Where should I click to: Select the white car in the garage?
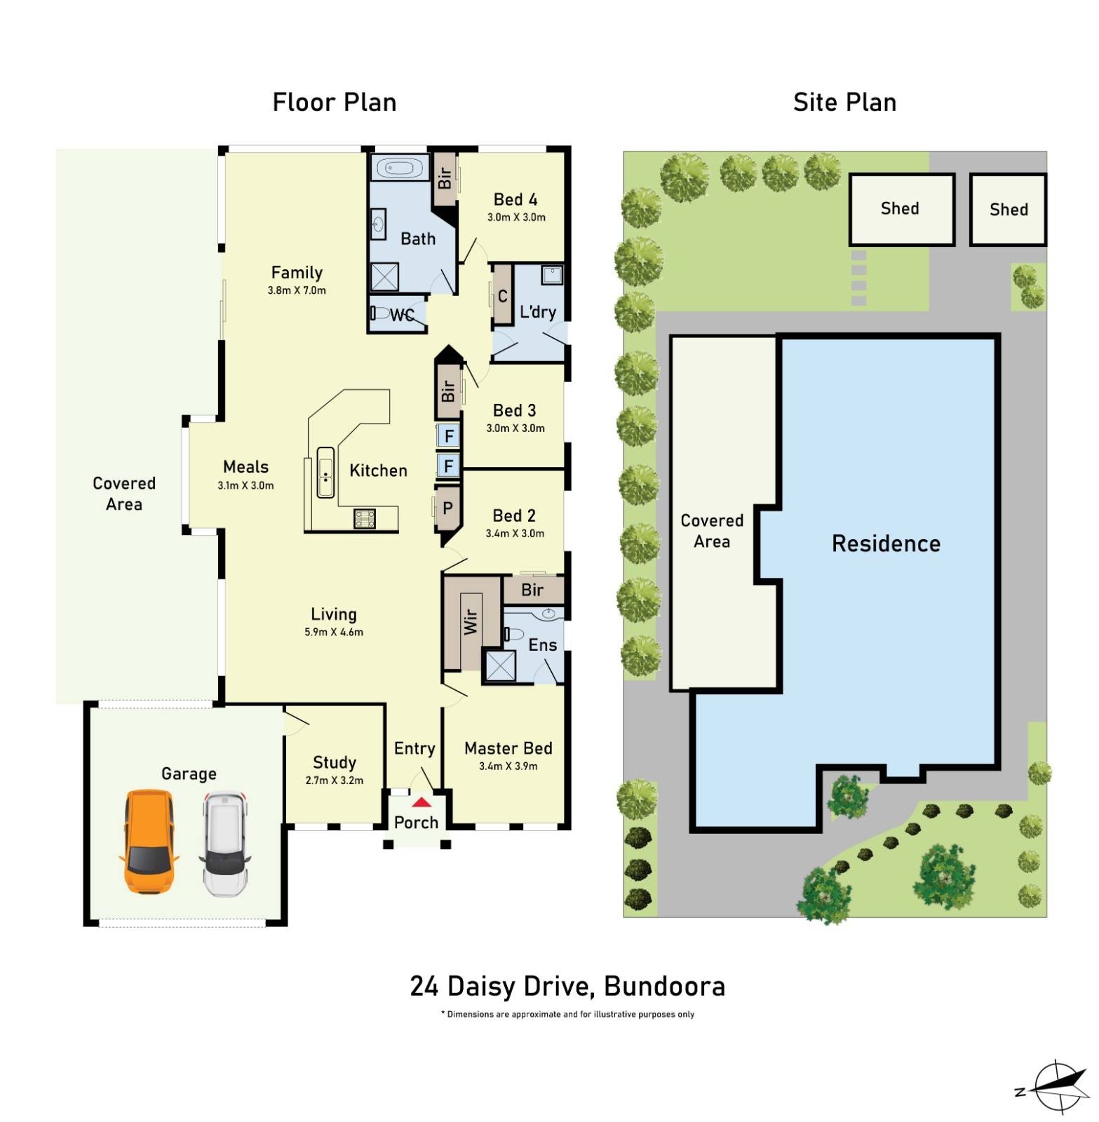click(x=224, y=844)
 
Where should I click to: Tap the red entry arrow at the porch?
click(x=422, y=802)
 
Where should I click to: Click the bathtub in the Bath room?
click(x=400, y=168)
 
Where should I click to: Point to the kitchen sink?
click(x=325, y=473)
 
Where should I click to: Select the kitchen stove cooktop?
click(x=365, y=518)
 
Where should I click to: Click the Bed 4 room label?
click(x=515, y=200)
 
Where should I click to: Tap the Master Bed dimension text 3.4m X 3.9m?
click(x=508, y=766)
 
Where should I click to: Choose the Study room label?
click(x=335, y=762)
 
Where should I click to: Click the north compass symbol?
click(x=1058, y=1087)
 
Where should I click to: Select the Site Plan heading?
click(x=844, y=103)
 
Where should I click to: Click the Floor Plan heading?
click(x=335, y=103)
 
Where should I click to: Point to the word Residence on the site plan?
click(x=886, y=543)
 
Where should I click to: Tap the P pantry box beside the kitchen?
click(x=447, y=508)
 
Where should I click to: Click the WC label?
click(x=402, y=316)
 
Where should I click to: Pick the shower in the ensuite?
click(x=500, y=666)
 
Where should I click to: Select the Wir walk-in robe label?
click(x=471, y=621)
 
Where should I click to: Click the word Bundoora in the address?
click(x=664, y=987)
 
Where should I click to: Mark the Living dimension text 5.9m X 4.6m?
click(x=334, y=632)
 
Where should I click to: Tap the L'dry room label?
click(x=538, y=312)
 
